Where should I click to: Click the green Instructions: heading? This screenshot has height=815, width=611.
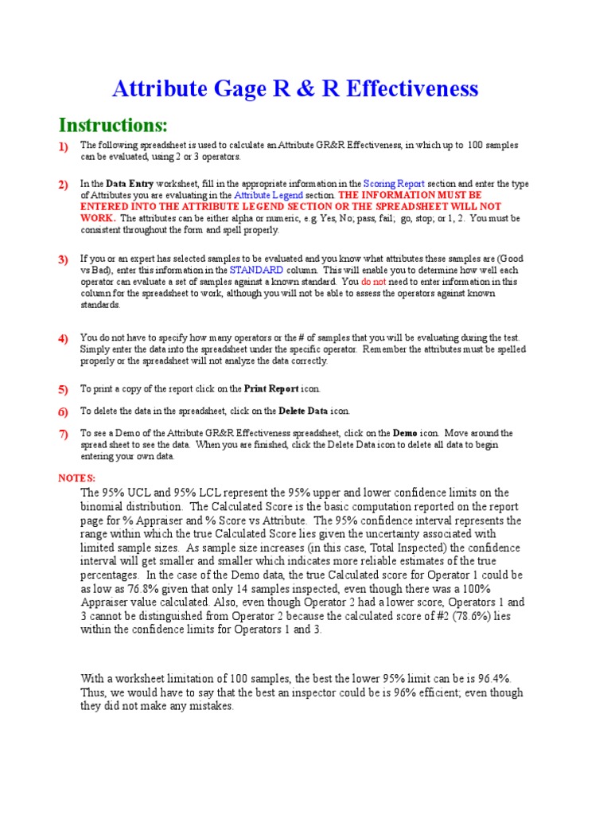click(113, 126)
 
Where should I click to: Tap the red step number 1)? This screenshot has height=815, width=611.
click(63, 146)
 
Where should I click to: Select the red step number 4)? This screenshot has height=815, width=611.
click(63, 339)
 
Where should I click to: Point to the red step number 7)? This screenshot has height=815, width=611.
click(63, 435)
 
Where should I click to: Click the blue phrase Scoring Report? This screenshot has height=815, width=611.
click(394, 184)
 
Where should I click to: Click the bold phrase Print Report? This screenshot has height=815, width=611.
click(271, 389)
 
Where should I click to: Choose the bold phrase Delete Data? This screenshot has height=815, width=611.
click(302, 411)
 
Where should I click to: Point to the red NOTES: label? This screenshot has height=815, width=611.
click(77, 478)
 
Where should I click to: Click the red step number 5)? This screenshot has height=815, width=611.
click(63, 390)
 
